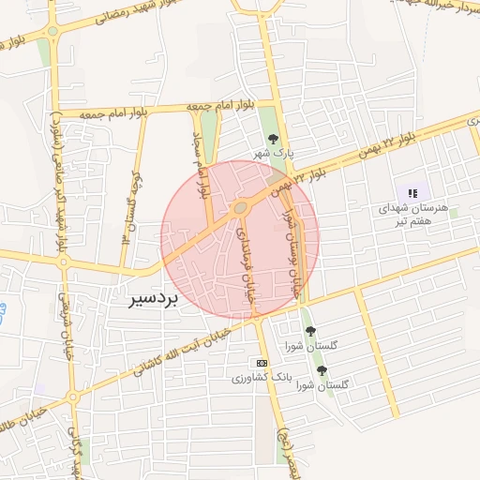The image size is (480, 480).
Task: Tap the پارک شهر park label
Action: tap(277, 152)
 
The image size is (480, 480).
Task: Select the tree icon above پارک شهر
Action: tap(273, 139)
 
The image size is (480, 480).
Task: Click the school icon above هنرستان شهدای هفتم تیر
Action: tap(412, 192)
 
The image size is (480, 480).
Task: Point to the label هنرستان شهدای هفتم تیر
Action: tap(414, 213)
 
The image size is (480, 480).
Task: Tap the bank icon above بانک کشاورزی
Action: tap(262, 364)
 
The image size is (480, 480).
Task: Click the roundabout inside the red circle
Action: tap(241, 207)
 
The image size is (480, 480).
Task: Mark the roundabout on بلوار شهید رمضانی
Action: tap(52, 32)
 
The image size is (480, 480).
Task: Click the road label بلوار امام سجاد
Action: tap(198, 165)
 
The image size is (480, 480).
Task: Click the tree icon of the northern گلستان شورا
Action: tap(310, 331)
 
